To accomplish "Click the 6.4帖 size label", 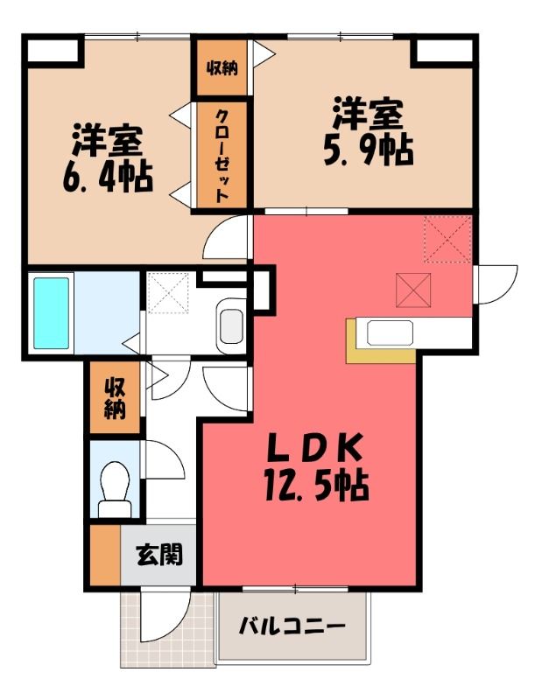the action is point(108,177).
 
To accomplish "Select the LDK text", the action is point(313,448).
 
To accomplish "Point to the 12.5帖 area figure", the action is point(316,486).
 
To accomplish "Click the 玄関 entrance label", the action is point(159,555).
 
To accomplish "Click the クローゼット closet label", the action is point(222,156).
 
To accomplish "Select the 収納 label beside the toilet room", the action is point(115,398).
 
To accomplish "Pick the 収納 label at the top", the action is point(222,68).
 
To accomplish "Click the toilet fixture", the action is point(115,489).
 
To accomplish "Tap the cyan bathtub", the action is point(52,313).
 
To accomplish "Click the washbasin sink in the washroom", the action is point(232,326).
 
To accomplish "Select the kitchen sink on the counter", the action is point(390,333).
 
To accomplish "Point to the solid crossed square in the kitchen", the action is point(413,290).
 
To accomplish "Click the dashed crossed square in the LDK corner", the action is point(447,238).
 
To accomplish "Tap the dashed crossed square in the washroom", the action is point(168,293).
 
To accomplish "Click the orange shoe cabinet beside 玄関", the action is point(105,555).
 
